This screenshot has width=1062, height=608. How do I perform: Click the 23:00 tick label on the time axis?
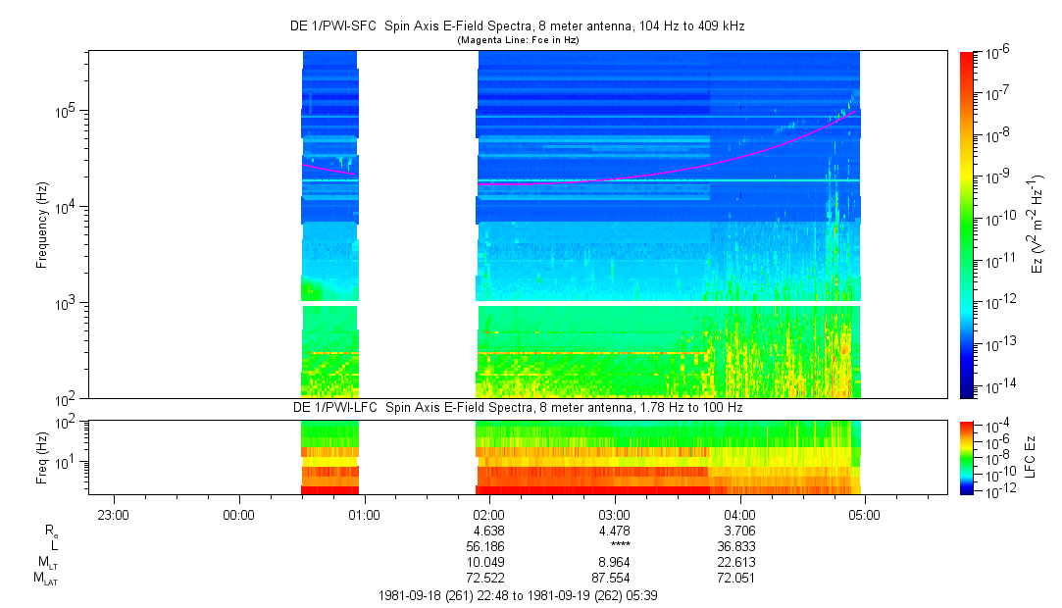[114, 514]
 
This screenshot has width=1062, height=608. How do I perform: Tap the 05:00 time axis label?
[863, 514]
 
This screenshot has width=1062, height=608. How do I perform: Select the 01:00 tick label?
[364, 514]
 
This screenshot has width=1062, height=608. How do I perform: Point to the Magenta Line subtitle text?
[518, 39]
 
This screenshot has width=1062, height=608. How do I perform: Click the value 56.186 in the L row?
[488, 546]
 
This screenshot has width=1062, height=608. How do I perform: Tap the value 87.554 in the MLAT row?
[614, 578]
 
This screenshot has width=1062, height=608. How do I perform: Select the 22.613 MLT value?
[738, 562]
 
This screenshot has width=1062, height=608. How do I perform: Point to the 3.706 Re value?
[738, 531]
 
